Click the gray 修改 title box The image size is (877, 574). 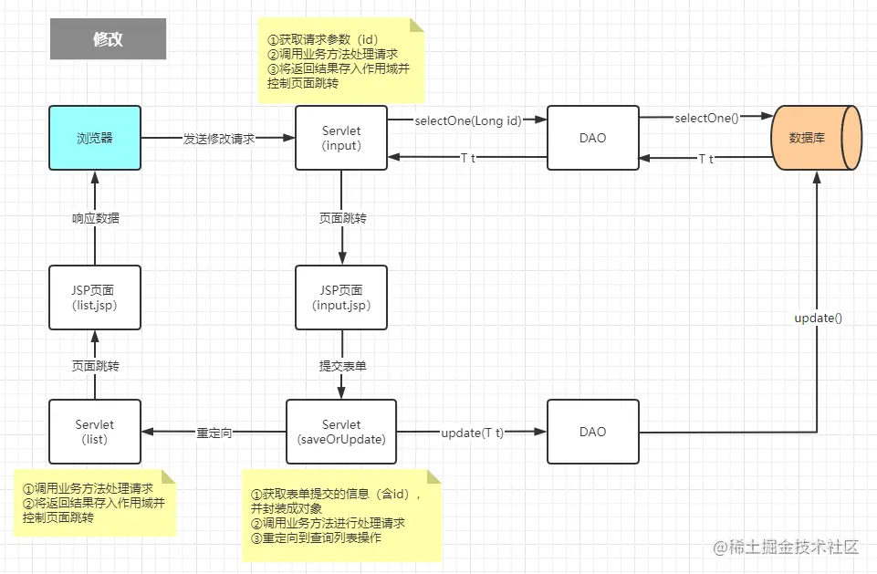[108, 39]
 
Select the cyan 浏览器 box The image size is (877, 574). [95, 138]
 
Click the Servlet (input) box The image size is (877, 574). [341, 138]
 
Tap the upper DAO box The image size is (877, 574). [592, 138]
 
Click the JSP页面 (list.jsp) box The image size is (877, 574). [95, 297]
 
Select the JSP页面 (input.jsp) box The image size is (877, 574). [341, 297]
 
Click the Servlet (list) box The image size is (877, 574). [95, 432]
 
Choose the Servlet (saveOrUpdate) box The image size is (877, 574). [341, 432]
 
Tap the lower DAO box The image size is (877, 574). [592, 432]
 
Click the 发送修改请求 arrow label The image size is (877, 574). [219, 139]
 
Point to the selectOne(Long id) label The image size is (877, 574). [467, 120]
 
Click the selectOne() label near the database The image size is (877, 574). [706, 119]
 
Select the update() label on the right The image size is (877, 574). [818, 318]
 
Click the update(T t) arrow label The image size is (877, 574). [472, 433]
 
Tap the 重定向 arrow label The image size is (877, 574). [214, 433]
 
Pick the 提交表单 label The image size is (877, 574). [342, 366]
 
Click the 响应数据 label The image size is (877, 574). [96, 218]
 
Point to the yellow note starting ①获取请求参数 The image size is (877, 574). [341, 61]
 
